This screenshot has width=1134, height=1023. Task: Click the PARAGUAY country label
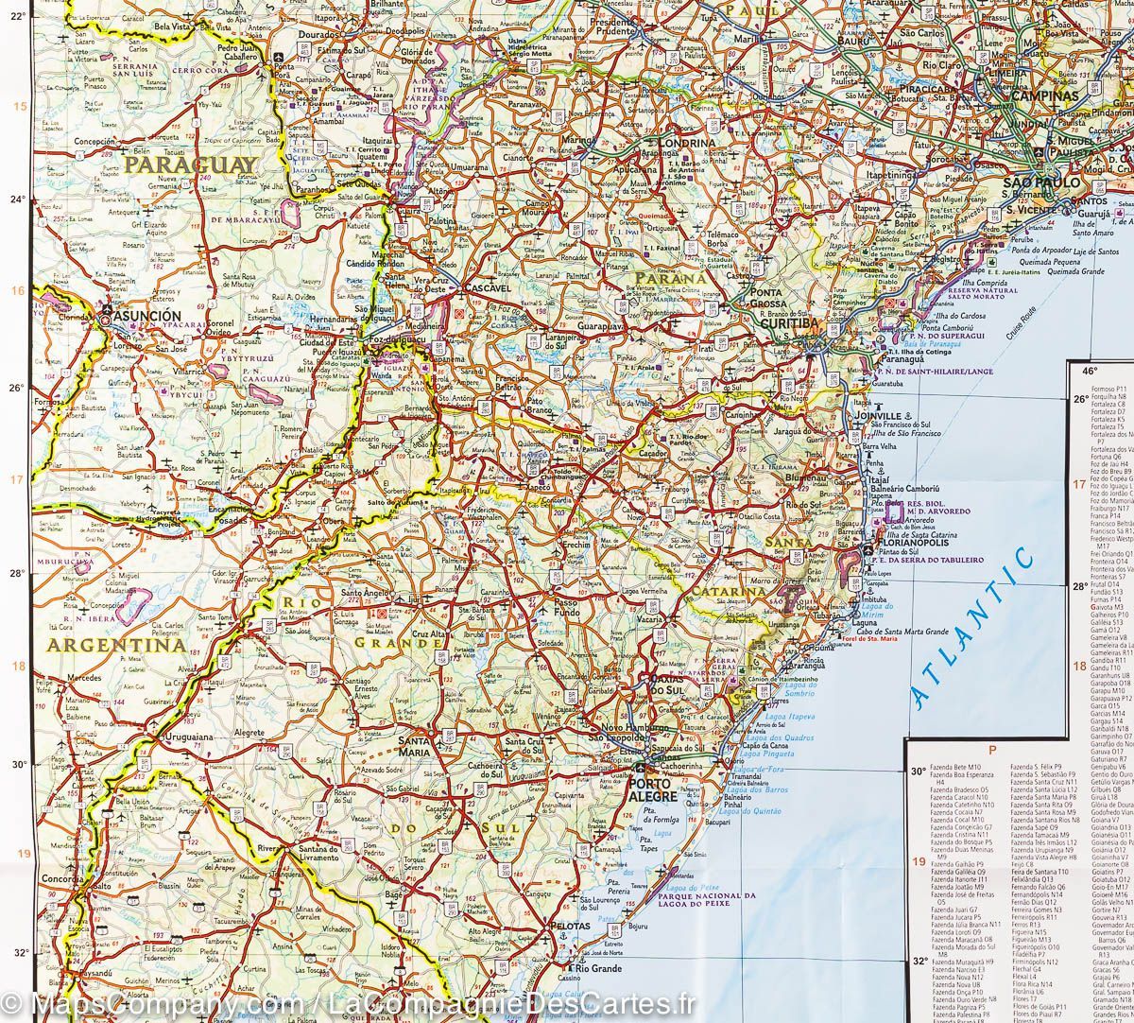190,165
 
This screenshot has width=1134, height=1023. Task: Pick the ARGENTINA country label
116,645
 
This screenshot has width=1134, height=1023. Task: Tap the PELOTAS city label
571,926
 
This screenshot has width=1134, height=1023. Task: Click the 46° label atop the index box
1090,371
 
